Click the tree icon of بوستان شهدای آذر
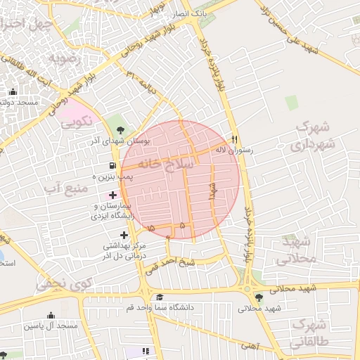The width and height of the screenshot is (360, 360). click(x=120, y=129)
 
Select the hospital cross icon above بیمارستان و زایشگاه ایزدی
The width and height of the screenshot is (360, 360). click(x=113, y=193)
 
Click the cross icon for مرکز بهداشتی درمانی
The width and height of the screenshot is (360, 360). click(x=124, y=234)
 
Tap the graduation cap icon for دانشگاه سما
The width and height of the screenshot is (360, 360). click(x=160, y=297)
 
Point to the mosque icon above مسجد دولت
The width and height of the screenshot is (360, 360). click(x=13, y=91)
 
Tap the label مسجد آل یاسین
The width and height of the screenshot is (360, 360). click(x=51, y=326)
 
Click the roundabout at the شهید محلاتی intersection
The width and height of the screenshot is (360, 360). click(x=247, y=288)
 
